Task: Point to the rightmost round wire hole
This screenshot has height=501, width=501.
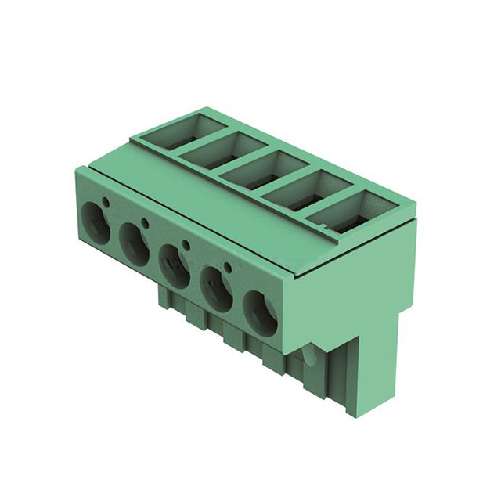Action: point(259,312)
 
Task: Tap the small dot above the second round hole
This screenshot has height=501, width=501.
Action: point(146,222)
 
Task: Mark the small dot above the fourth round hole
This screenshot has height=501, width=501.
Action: point(228,268)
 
